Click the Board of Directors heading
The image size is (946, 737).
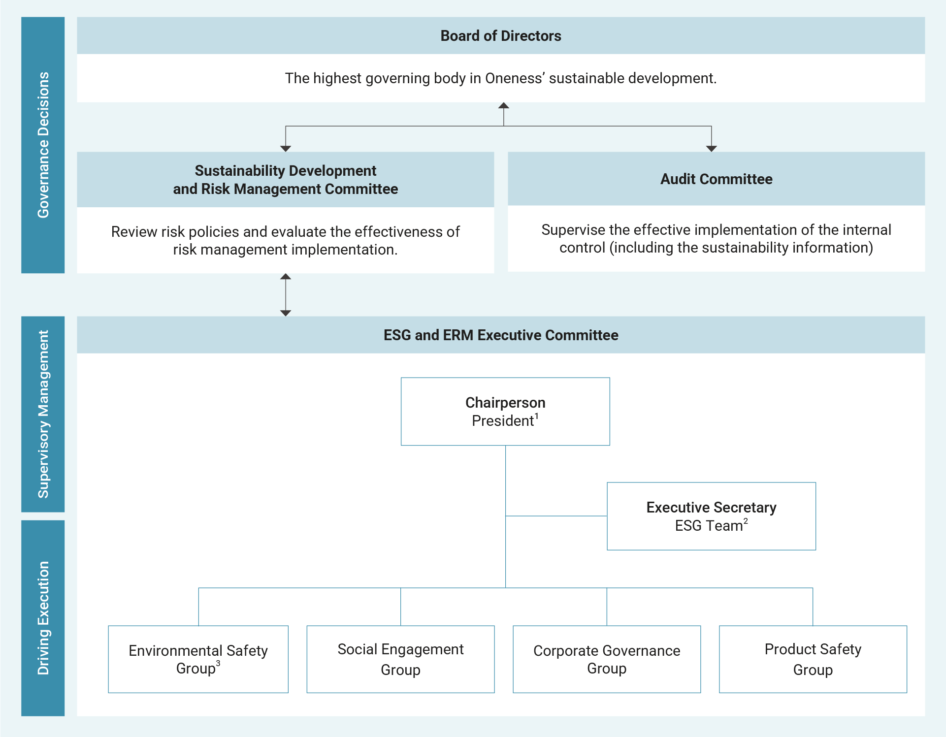coord(500,36)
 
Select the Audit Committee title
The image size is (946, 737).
coord(716,179)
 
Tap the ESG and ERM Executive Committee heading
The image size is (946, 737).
coord(500,335)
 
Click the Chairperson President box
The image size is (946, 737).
coord(505,412)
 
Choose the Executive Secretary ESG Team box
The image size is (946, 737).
coord(711,516)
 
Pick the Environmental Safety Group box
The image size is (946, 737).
coord(198,659)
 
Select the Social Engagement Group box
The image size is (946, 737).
coord(400,659)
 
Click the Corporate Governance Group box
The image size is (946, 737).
coord(606,659)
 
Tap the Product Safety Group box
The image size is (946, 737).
coord(813,659)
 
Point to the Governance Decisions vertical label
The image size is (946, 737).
coord(43,145)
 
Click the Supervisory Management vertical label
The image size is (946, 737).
coord(43,414)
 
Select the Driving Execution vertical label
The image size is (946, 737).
coord(43,618)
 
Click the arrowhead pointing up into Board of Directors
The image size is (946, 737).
coord(503,106)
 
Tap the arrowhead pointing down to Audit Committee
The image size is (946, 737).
coord(711,148)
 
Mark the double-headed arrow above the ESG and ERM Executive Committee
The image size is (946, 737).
coord(286,295)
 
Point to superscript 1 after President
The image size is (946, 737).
coord(537,417)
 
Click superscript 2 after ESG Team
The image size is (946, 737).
coord(746,521)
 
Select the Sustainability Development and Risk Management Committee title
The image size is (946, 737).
coord(286,180)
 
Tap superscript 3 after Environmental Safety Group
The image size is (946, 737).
coord(218,664)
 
